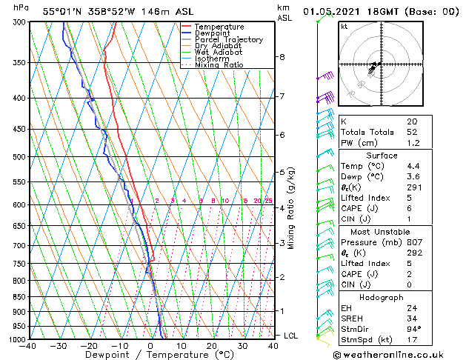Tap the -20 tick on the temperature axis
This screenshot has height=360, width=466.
(89, 346)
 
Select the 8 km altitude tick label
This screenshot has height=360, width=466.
(282, 57)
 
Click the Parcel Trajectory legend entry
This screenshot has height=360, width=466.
(228, 39)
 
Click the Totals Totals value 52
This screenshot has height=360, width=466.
(411, 132)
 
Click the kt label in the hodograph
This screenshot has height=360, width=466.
(344, 26)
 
